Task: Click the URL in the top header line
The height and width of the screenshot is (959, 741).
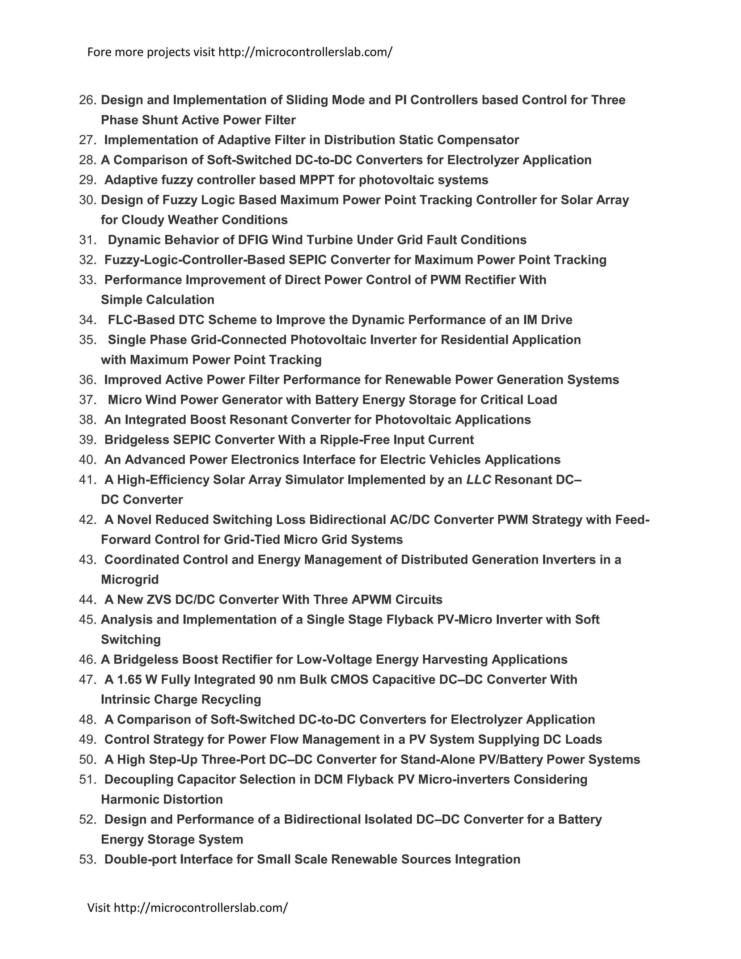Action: [x=305, y=52]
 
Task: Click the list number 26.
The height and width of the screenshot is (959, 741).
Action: [x=87, y=100]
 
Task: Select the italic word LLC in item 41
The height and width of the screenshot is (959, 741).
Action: [x=478, y=479]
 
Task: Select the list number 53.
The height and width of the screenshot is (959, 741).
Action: [x=87, y=859]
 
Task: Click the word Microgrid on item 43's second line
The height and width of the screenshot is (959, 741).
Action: [x=130, y=580]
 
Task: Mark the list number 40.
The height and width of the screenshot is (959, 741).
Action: [x=87, y=460]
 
